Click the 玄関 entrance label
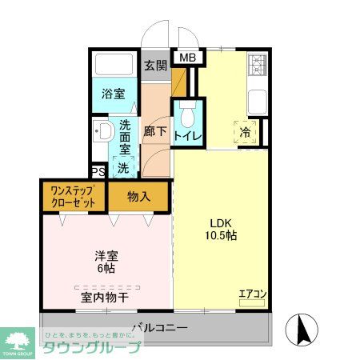pyautogui.click(x=155, y=66)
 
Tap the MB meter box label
pyautogui.click(x=186, y=58)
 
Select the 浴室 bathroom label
pyautogui.click(x=114, y=94)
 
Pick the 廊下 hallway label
pyautogui.click(x=154, y=132)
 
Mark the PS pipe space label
pyautogui.click(x=98, y=172)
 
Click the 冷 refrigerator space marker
pyautogui.click(x=246, y=134)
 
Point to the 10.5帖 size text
pyautogui.click(x=222, y=236)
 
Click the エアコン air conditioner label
pyautogui.click(x=251, y=294)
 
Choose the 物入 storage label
pyautogui.click(x=140, y=195)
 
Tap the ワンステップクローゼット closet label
pyautogui.click(x=74, y=196)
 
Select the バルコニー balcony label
pyautogui.click(x=159, y=328)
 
